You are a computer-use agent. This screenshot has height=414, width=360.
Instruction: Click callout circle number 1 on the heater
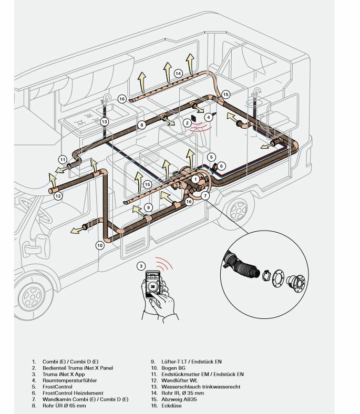tap(196, 179)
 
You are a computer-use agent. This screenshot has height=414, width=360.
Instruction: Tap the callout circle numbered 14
tap(178, 73)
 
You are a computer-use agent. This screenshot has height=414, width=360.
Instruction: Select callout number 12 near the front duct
tap(58, 196)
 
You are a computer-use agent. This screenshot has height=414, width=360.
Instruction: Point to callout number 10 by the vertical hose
tap(100, 245)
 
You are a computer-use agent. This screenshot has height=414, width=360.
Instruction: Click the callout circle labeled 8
tap(141, 125)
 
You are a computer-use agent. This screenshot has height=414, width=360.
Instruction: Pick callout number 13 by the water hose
tap(105, 121)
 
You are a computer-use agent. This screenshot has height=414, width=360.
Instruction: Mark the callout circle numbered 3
tap(141, 266)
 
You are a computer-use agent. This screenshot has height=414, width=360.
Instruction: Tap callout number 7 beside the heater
tap(205, 195)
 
